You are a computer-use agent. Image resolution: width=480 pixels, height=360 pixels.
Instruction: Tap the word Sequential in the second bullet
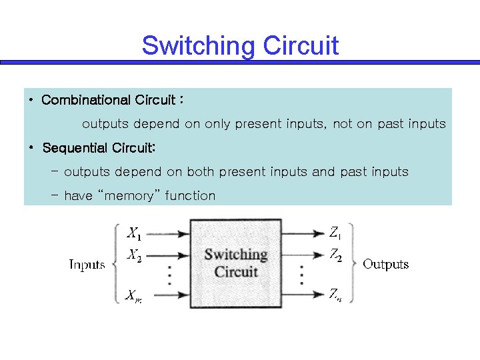pyautogui.click(x=73, y=147)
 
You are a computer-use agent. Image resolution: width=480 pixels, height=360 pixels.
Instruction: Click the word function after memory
pyautogui.click(x=190, y=195)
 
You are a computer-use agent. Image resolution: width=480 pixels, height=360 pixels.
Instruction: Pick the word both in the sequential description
pyautogui.click(x=200, y=171)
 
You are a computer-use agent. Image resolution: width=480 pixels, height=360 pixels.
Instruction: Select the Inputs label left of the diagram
pyautogui.click(x=87, y=265)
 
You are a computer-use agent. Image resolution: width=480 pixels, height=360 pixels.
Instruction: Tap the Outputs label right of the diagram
pyautogui.click(x=385, y=264)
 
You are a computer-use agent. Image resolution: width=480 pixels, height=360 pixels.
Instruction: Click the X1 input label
pyautogui.click(x=134, y=233)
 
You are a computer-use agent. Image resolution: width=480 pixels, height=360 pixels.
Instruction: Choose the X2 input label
pyautogui.click(x=134, y=255)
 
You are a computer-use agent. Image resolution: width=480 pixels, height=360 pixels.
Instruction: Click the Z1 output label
pyautogui.click(x=335, y=233)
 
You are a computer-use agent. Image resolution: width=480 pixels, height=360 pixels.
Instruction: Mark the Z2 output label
pyautogui.click(x=335, y=255)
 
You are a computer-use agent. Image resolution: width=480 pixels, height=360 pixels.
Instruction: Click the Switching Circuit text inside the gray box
pyautogui.click(x=235, y=263)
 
